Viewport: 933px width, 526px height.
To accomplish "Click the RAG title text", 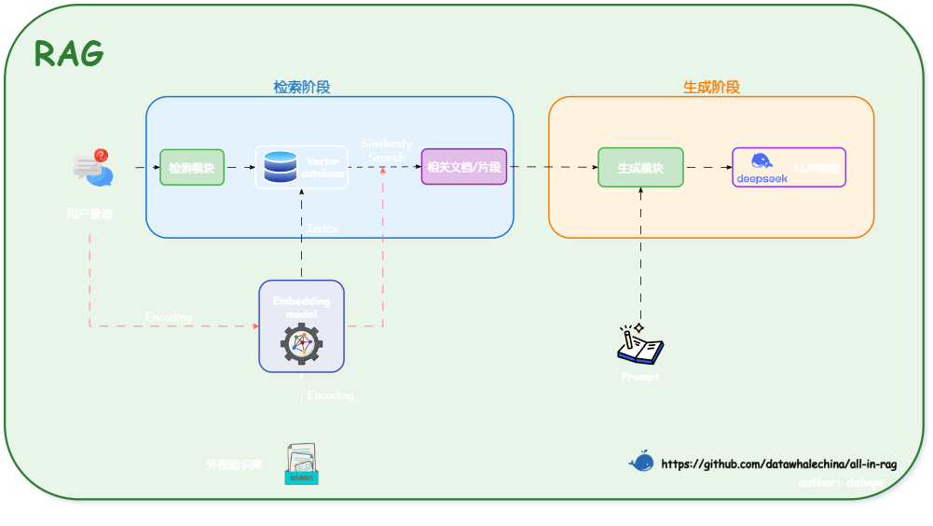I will click(x=68, y=54).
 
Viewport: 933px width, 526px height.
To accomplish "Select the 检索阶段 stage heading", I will click(x=301, y=87).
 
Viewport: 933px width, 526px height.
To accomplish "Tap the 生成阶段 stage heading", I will click(x=711, y=87).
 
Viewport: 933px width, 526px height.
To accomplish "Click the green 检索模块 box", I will click(x=192, y=168).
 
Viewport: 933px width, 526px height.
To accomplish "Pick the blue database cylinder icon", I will click(x=280, y=167).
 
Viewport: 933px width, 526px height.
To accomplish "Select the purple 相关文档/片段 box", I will click(x=463, y=167).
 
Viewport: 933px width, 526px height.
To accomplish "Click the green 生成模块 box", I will click(x=640, y=168).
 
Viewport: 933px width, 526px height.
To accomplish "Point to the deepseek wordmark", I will click(x=762, y=178).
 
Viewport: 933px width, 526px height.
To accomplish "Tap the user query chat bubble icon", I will click(x=92, y=169).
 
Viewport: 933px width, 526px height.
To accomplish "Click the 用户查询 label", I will click(x=89, y=214).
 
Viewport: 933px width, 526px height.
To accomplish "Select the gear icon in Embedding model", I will click(x=301, y=344).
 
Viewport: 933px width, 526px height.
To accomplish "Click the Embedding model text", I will click(x=301, y=307).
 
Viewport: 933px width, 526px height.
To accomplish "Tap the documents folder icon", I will click(x=301, y=464).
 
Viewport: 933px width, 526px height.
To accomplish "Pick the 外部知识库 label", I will click(x=234, y=464).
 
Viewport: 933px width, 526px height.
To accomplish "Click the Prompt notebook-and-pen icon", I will click(x=640, y=345).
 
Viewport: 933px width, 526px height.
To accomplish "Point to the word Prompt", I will click(x=640, y=377).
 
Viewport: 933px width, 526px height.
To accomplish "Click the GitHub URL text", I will click(x=778, y=464).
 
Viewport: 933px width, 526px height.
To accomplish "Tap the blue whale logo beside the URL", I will click(x=640, y=462).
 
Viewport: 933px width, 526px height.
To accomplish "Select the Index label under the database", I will click(x=322, y=228).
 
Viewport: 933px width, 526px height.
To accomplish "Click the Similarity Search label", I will click(x=386, y=150).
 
